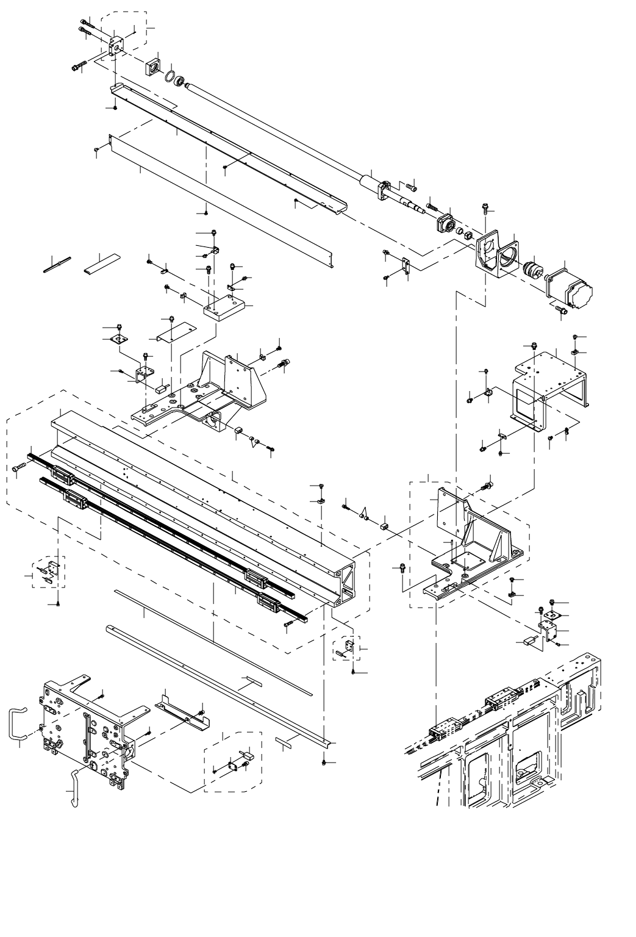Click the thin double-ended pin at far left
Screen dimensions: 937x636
(x=58, y=264)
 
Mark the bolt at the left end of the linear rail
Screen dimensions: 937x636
(x=17, y=468)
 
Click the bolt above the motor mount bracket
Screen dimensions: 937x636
(x=485, y=209)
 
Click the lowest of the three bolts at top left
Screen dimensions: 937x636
(x=77, y=67)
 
